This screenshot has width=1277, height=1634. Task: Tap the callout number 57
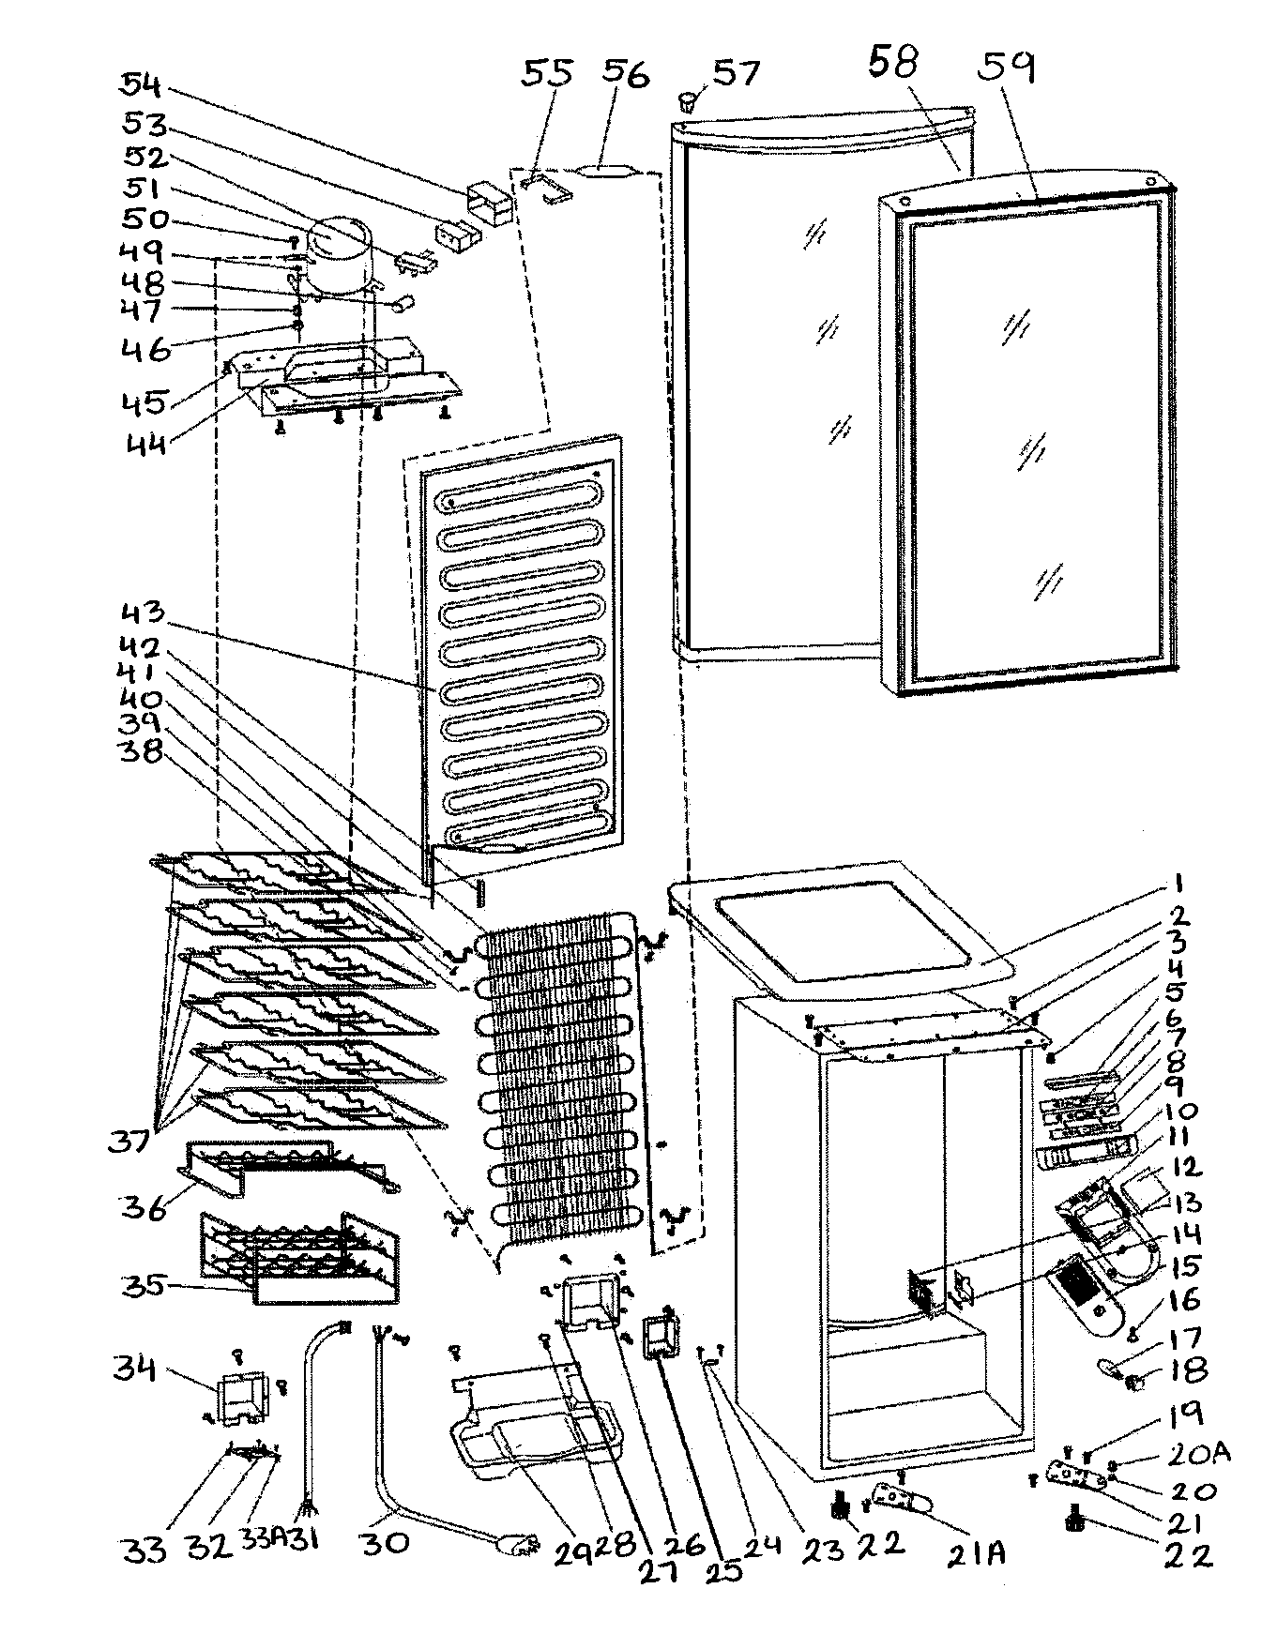click(737, 72)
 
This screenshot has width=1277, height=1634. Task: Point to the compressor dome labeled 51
click(340, 242)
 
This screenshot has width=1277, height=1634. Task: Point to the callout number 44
click(145, 441)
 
